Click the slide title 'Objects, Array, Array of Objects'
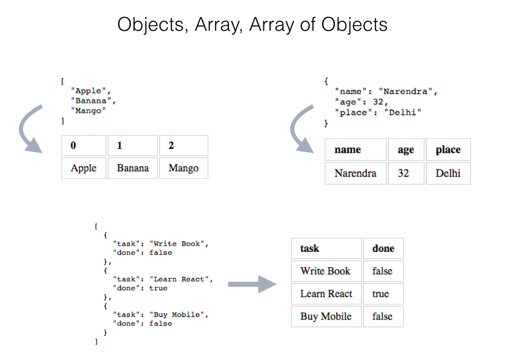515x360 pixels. pyautogui.click(x=252, y=24)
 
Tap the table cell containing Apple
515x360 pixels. pyautogui.click(x=84, y=168)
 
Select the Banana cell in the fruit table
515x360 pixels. pyautogui.click(x=133, y=168)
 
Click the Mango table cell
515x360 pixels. pyautogui.click(x=183, y=168)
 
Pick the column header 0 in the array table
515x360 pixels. pyautogui.click(x=84, y=146)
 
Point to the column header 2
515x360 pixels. pyautogui.click(x=183, y=146)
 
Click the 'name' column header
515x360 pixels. pyautogui.click(x=355, y=150)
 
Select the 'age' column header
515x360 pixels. pyautogui.click(x=406, y=150)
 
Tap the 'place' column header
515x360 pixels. pyautogui.click(x=448, y=150)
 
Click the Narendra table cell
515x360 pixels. pyautogui.click(x=355, y=173)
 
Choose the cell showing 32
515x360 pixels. pyautogui.click(x=406, y=173)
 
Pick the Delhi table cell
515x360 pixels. pyautogui.click(x=448, y=173)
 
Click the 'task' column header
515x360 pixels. pyautogui.click(x=326, y=248)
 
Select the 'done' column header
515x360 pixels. pyautogui.click(x=383, y=248)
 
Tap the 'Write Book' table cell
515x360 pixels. pyautogui.click(x=326, y=271)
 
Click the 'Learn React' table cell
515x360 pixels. pyautogui.click(x=326, y=294)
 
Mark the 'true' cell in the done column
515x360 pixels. pyautogui.click(x=383, y=294)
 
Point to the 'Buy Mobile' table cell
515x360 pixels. pyautogui.click(x=326, y=317)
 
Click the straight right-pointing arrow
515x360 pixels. pyautogui.click(x=252, y=284)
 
